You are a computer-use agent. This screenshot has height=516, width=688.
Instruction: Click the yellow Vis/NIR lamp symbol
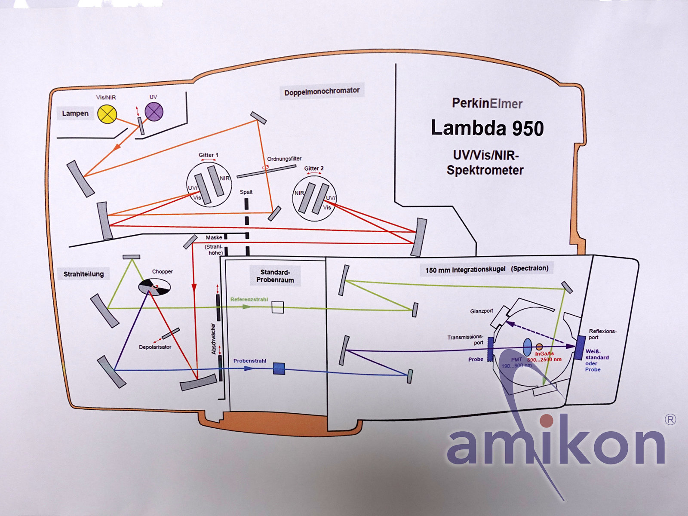tap(107, 114)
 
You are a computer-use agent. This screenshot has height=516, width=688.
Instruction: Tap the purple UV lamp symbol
tap(154, 113)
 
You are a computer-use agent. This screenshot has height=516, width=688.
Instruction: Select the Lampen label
tap(75, 114)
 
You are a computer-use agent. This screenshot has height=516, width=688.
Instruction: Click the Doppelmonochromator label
tap(322, 91)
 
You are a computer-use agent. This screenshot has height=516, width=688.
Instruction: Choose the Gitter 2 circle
tap(314, 199)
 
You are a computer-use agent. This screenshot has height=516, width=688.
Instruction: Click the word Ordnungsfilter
tap(284, 159)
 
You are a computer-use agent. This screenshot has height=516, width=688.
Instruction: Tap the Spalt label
tap(246, 192)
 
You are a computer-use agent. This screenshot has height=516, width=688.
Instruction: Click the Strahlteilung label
tap(83, 274)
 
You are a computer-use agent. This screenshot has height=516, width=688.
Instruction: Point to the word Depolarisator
tap(155, 347)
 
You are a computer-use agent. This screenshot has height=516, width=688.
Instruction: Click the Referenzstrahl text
tap(249, 300)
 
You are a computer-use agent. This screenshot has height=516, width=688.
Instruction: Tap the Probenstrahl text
tap(250, 361)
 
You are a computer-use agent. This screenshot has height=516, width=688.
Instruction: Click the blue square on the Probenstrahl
tap(279, 369)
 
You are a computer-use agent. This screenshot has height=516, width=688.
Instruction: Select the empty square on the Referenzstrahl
tap(278, 307)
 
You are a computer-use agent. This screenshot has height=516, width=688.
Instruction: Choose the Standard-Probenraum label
tap(275, 276)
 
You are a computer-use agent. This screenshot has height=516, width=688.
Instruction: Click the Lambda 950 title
tap(487, 129)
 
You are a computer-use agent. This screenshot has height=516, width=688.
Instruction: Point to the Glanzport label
tap(482, 311)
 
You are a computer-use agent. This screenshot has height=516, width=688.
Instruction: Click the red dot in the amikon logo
tap(547, 420)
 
